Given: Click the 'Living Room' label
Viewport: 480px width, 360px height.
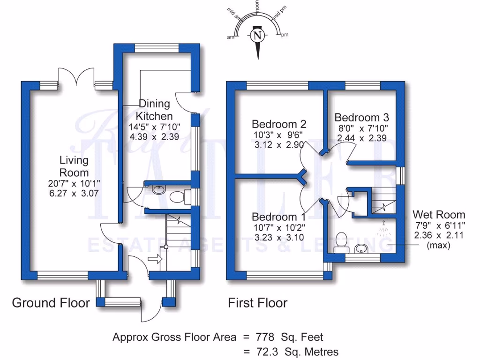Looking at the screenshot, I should pyautogui.click(x=73, y=166).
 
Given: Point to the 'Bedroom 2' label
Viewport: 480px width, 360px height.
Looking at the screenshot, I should pyautogui.click(x=279, y=124).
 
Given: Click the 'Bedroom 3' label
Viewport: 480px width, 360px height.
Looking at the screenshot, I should pyautogui.click(x=362, y=117).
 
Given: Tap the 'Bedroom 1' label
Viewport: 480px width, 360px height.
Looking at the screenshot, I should pyautogui.click(x=279, y=217).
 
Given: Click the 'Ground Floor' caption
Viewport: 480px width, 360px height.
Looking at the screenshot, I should pyautogui.click(x=51, y=303).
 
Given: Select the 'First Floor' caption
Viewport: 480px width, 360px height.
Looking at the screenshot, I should pyautogui.click(x=258, y=303).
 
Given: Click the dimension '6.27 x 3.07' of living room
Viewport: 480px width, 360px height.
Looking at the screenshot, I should pyautogui.click(x=73, y=193).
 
